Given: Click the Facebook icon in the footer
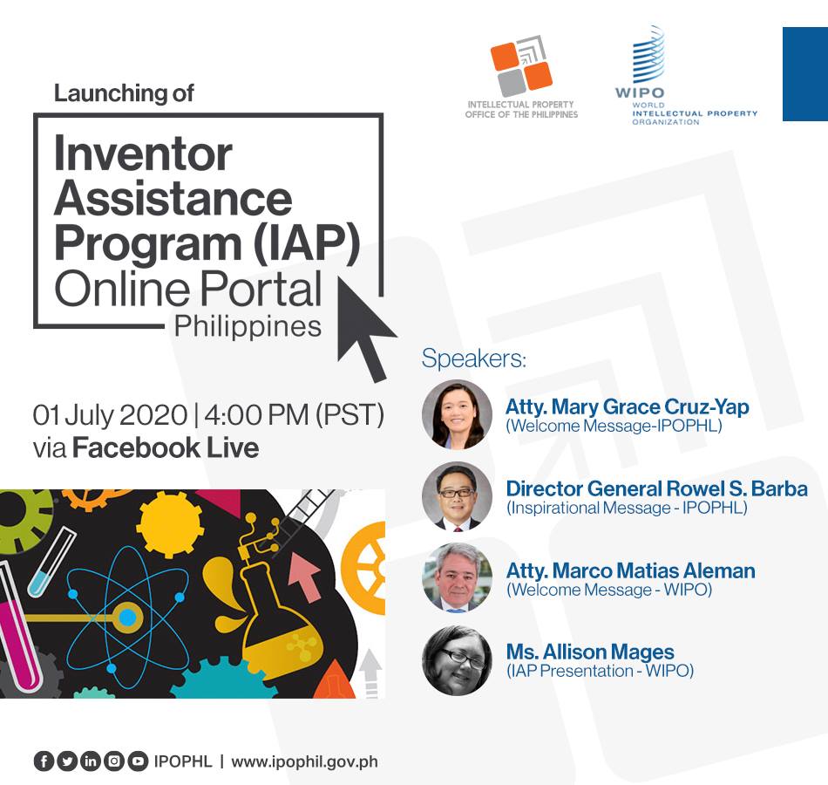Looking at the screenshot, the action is (44, 761).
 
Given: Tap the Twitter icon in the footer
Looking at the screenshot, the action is (67, 761).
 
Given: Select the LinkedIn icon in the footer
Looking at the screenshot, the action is (91, 761).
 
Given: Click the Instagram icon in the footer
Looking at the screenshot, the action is (114, 761).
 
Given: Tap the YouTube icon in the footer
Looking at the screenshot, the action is (138, 761).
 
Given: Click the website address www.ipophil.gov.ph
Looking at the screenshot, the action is (305, 762).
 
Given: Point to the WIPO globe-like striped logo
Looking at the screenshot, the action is (648, 55).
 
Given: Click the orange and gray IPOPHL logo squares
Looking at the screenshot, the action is (522, 66).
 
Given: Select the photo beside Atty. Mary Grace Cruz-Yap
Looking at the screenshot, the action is (457, 414).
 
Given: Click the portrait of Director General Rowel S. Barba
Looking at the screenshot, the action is (457, 496).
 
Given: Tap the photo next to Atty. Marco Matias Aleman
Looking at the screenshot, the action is (457, 577).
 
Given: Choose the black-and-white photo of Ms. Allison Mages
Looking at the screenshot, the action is (457, 659).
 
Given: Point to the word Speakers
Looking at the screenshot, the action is (473, 358).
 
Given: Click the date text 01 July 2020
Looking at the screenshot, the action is (110, 414).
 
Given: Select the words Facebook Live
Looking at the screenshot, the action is (166, 447).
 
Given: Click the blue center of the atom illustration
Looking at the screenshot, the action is (127, 618).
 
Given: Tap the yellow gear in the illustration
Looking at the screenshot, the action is (170, 524).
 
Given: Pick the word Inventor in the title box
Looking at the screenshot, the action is (143, 154).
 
